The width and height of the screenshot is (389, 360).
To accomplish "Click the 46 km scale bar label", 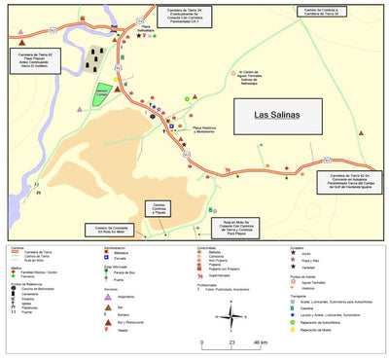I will pos(261,343).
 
